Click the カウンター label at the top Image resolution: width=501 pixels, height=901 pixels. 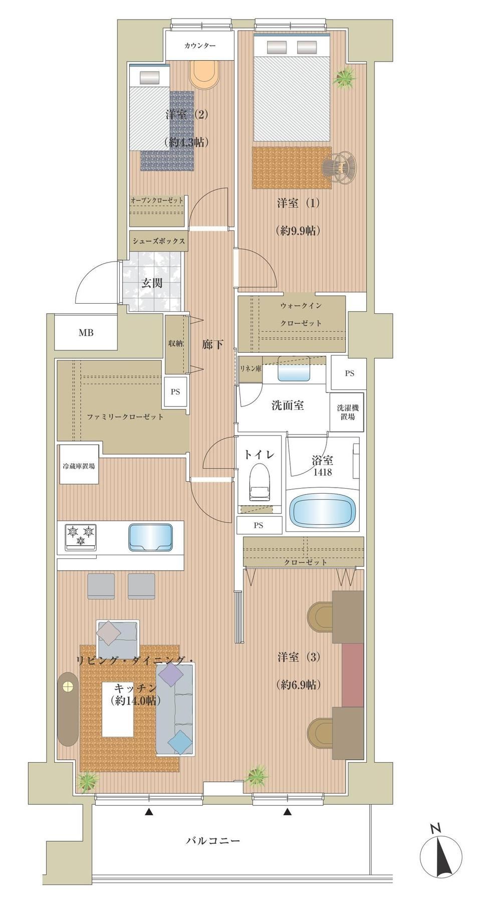(x=200, y=46)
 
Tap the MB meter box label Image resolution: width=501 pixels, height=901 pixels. (x=86, y=332)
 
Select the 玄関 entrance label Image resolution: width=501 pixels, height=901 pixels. (x=151, y=283)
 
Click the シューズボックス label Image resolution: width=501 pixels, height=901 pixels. (x=159, y=241)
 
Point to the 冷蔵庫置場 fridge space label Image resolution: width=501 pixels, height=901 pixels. (x=79, y=466)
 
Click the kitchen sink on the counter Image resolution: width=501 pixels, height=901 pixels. (x=151, y=537)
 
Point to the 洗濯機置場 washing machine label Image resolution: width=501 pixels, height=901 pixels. (x=348, y=412)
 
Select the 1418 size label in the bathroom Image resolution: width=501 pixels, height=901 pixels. (x=322, y=472)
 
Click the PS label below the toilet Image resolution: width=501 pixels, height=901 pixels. (x=258, y=526)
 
